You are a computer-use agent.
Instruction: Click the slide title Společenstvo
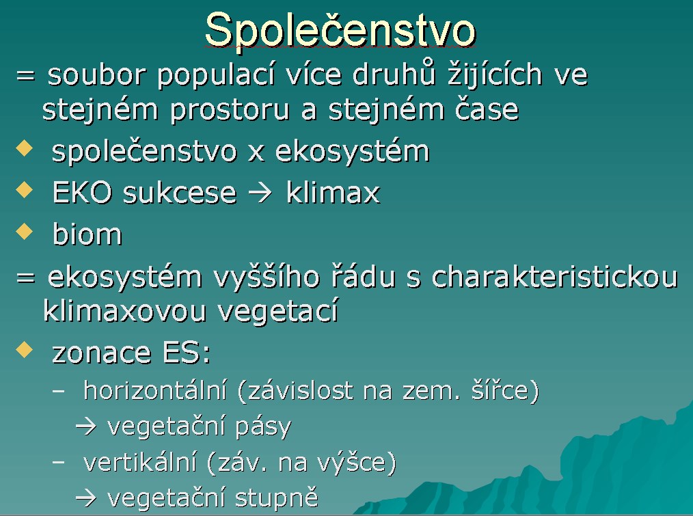[340, 30]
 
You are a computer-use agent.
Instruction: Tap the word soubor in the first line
[96, 74]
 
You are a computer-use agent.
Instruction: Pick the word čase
[487, 109]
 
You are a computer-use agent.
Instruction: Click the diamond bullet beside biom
[25, 231]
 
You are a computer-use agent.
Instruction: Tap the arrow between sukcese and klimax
[260, 193]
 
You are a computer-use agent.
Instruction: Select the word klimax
[333, 192]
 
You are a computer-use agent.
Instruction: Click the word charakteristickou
[554, 277]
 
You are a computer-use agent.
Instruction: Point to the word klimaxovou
[124, 310]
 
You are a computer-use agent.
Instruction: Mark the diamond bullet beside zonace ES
[25, 350]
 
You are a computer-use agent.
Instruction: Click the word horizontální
[155, 390]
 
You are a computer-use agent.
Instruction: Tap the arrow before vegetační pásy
[85, 426]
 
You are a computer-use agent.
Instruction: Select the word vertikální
[139, 462]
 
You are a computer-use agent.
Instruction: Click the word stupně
[276, 498]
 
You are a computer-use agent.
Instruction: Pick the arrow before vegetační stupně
[85, 498]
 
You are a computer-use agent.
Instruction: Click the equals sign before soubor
[25, 76]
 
